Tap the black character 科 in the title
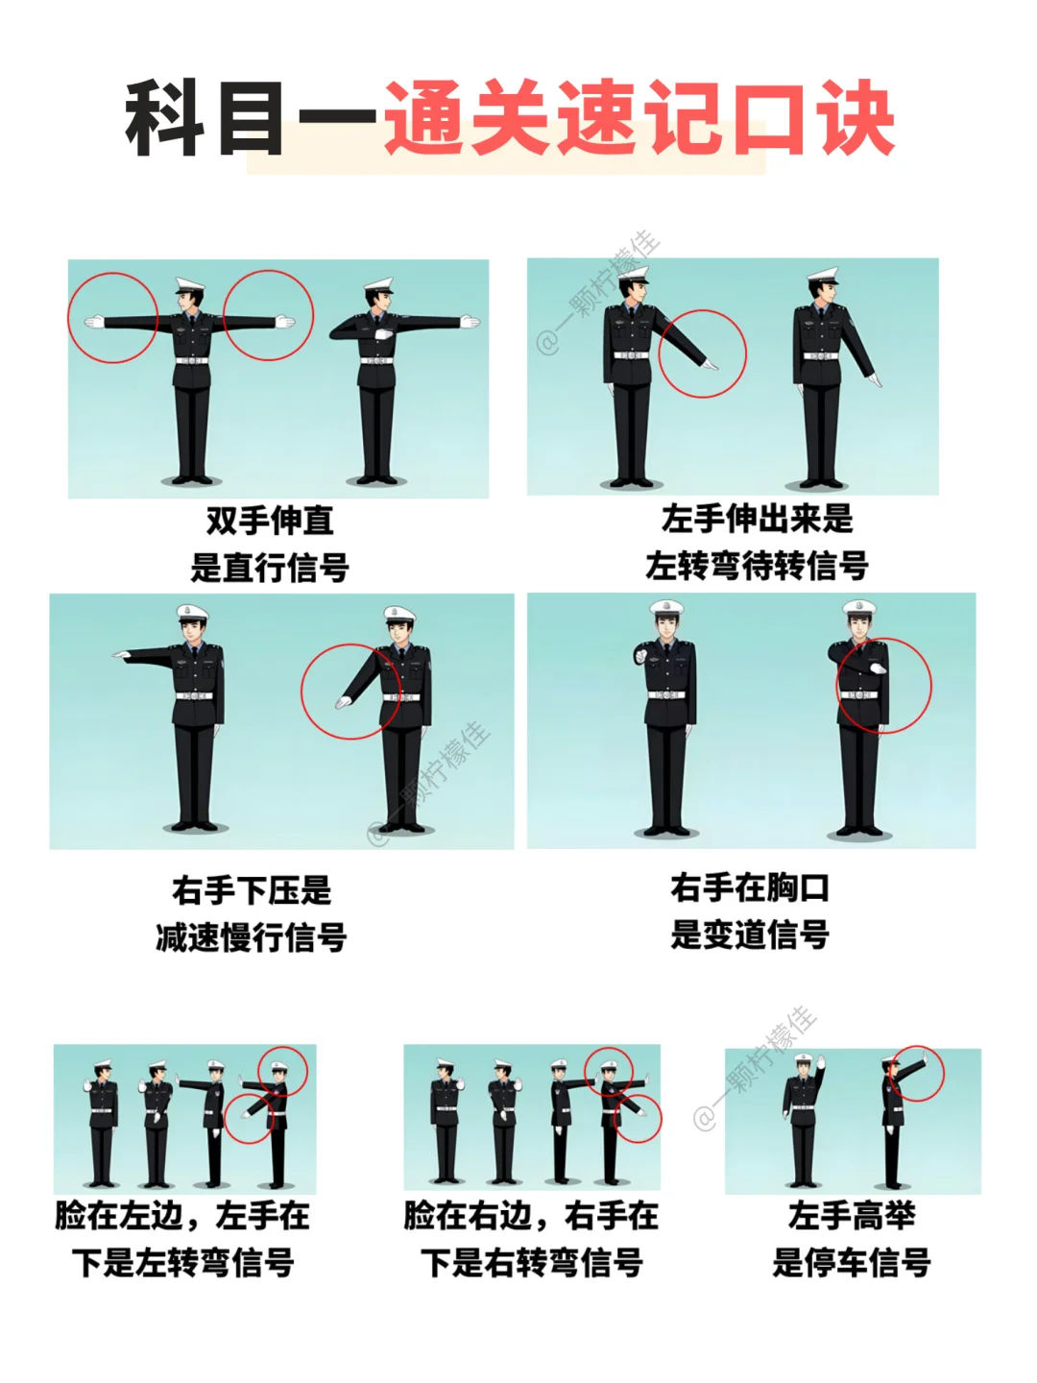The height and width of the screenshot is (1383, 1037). [x=165, y=118]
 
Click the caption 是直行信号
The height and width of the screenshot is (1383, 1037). [x=270, y=567]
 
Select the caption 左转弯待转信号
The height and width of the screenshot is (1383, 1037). [x=757, y=565]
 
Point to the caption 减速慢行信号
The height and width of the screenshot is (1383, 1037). [x=252, y=937]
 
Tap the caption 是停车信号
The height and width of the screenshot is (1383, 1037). [x=852, y=1279]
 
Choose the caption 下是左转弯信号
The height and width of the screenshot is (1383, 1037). [x=182, y=1279]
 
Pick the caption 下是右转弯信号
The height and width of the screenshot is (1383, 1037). [x=532, y=1279]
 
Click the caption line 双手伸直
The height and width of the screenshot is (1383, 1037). [x=270, y=521]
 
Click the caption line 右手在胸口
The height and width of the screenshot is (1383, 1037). [x=749, y=887]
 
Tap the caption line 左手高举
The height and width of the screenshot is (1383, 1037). [x=852, y=1233]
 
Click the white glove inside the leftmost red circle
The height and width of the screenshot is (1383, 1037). [x=94, y=322]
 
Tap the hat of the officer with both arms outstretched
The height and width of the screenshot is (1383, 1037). [x=189, y=285]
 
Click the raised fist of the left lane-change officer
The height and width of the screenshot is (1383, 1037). [x=641, y=654]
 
